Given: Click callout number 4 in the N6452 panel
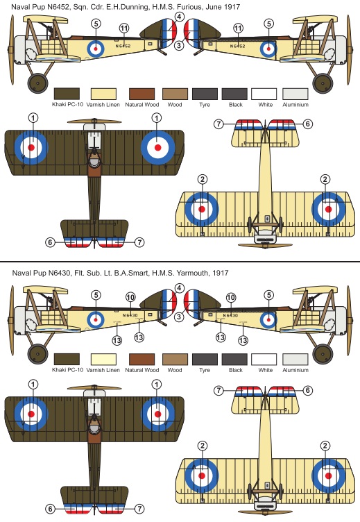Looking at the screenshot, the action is click(x=180, y=17).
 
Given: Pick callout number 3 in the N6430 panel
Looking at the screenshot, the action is click(x=180, y=317).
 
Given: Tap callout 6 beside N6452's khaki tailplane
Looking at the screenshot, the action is click(x=50, y=242).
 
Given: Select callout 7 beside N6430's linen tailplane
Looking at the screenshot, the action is click(x=218, y=390).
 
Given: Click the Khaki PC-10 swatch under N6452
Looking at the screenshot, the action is click(x=67, y=94).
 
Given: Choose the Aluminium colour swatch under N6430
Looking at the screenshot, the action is click(x=295, y=360).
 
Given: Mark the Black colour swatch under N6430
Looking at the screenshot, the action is click(x=235, y=360).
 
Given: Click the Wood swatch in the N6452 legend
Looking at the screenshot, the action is click(x=175, y=94).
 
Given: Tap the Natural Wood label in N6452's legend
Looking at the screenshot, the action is click(x=142, y=105).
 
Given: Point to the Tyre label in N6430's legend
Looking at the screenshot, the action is click(x=205, y=370).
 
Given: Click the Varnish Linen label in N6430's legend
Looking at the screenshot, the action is click(x=103, y=370).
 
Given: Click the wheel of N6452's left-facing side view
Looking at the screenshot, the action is click(x=37, y=83).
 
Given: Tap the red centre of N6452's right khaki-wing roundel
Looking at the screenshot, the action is click(x=157, y=147).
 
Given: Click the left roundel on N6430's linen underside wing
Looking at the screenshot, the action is click(x=202, y=475).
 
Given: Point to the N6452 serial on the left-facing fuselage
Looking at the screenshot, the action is click(x=123, y=46).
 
